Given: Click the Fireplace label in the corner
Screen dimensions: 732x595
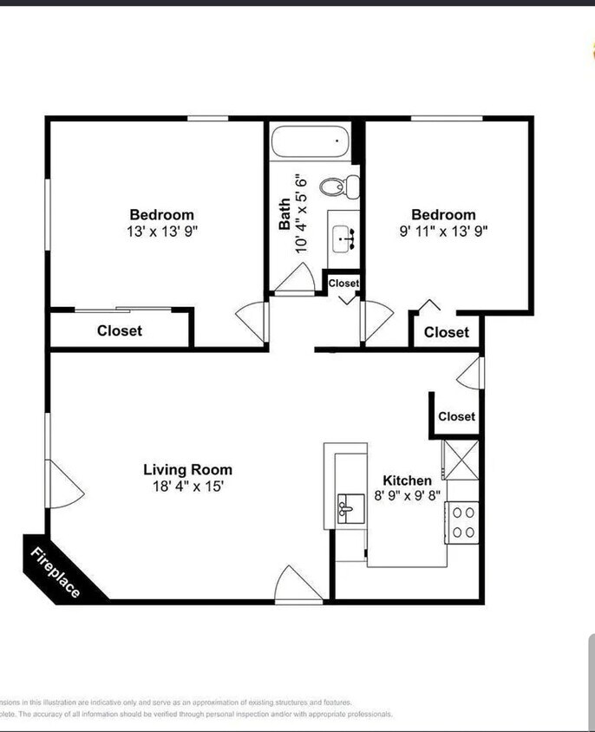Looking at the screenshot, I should pos(56,573).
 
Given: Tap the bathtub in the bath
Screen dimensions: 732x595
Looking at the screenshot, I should pos(310,141).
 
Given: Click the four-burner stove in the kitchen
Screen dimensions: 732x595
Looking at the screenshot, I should pos(463,523).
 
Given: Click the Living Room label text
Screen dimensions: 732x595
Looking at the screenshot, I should pos(187,470).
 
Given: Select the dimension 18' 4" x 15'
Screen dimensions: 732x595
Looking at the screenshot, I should pos(187,487).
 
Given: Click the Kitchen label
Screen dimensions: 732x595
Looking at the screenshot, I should pos(407,480).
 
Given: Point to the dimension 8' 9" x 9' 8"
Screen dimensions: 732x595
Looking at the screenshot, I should pos(407,496).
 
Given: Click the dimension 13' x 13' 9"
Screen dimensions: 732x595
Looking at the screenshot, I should pos(161,232).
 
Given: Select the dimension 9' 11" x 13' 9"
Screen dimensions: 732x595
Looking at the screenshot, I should pos(443,232).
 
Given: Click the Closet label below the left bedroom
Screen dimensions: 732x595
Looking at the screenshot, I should pos(119,330).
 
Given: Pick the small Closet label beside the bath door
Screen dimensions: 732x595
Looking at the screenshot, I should pos(343,283).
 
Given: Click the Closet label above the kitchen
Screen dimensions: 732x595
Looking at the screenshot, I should pos(456,416).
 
